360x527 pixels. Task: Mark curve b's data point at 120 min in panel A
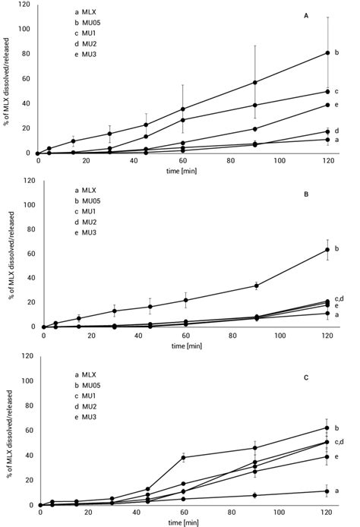click(x=327, y=53)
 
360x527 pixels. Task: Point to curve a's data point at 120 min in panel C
click(x=327, y=491)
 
